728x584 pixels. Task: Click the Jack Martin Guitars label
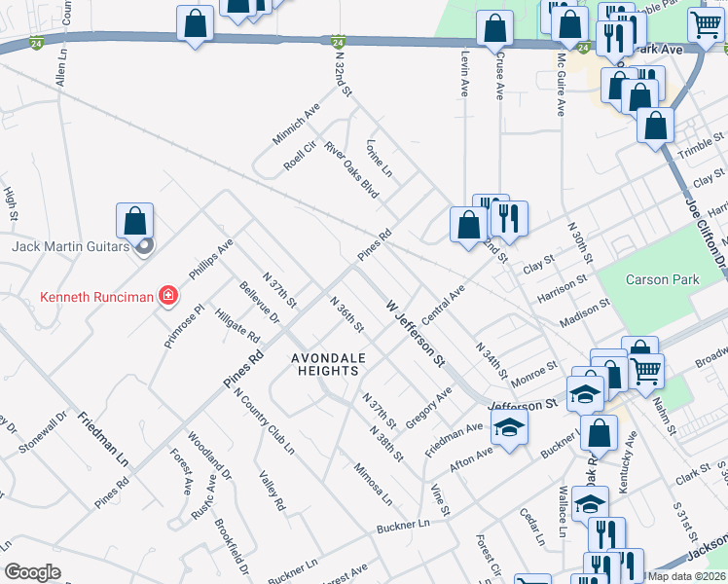pyautogui.click(x=70, y=246)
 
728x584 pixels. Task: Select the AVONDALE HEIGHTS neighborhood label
pyautogui.click(x=329, y=365)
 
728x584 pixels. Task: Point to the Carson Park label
pyautogui.click(x=662, y=279)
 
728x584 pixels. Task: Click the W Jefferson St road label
pyautogui.click(x=415, y=333)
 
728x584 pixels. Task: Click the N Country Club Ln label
pyautogui.click(x=264, y=421)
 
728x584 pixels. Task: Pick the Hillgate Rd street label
pyautogui.click(x=237, y=326)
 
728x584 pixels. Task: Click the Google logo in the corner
pyautogui.click(x=33, y=572)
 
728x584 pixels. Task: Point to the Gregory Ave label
pyautogui.click(x=429, y=408)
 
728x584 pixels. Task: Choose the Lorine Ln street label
pyautogui.click(x=379, y=158)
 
